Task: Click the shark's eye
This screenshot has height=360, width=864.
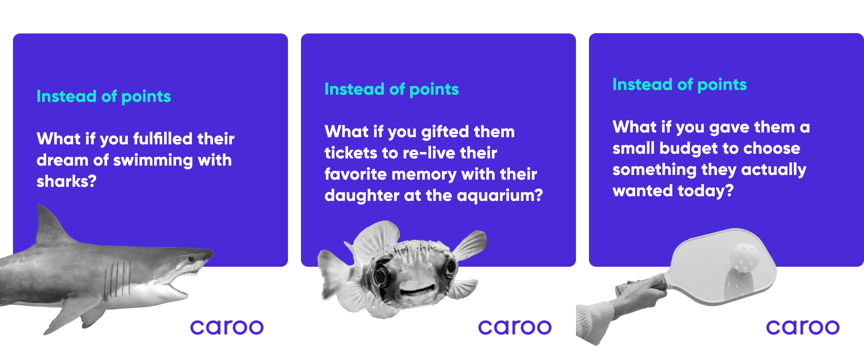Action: (191, 259)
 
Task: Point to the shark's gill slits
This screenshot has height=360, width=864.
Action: (117, 280)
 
